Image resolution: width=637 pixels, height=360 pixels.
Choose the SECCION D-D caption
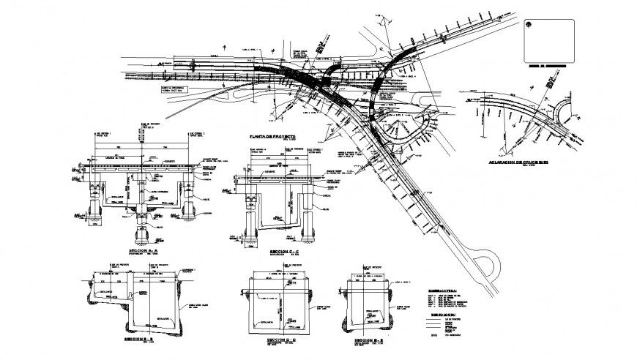(280, 341)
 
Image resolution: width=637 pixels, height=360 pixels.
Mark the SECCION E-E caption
(368, 341)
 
